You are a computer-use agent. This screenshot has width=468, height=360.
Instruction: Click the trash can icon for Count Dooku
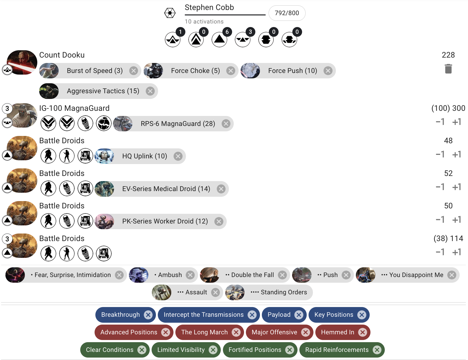(x=448, y=69)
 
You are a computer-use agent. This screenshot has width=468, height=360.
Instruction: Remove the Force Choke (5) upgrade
(x=230, y=71)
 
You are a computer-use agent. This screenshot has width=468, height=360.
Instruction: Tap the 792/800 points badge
(x=287, y=13)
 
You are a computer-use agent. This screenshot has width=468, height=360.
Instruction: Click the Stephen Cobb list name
(x=209, y=8)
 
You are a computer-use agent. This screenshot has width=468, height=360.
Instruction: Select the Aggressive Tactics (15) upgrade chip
(x=103, y=91)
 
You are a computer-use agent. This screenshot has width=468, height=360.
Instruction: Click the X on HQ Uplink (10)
(x=178, y=156)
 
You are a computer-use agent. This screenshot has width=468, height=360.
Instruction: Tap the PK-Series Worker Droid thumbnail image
(x=105, y=221)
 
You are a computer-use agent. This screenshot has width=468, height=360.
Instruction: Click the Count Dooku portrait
(x=22, y=62)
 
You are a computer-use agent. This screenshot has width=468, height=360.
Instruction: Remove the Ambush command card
(x=190, y=275)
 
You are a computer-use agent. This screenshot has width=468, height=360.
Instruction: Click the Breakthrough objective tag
(x=120, y=315)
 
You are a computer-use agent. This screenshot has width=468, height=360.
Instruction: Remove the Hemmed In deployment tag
(x=363, y=332)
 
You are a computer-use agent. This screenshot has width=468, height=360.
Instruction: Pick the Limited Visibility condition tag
(x=181, y=350)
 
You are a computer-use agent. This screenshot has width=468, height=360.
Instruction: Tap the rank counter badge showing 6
(x=227, y=32)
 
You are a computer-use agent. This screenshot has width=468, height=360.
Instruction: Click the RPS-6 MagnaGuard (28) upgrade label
(x=178, y=124)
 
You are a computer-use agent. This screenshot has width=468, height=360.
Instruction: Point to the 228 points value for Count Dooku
(x=448, y=55)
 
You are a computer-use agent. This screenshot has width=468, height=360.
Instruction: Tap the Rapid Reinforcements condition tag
(x=337, y=350)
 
